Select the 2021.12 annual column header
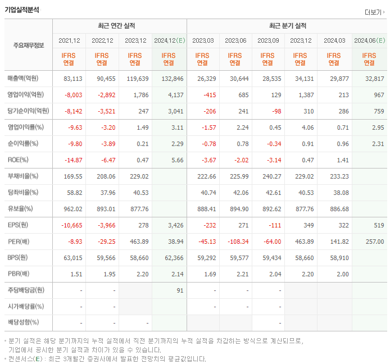tap(69, 40)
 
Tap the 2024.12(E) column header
tap(169, 40)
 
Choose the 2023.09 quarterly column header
tap(269, 40)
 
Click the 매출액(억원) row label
tap(25, 79)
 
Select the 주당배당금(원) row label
tap(25, 290)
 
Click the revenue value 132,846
tap(173, 79)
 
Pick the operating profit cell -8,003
tap(73, 94)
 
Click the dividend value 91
tap(180, 290)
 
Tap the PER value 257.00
tap(374, 242)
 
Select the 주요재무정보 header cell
tap(29, 46)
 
